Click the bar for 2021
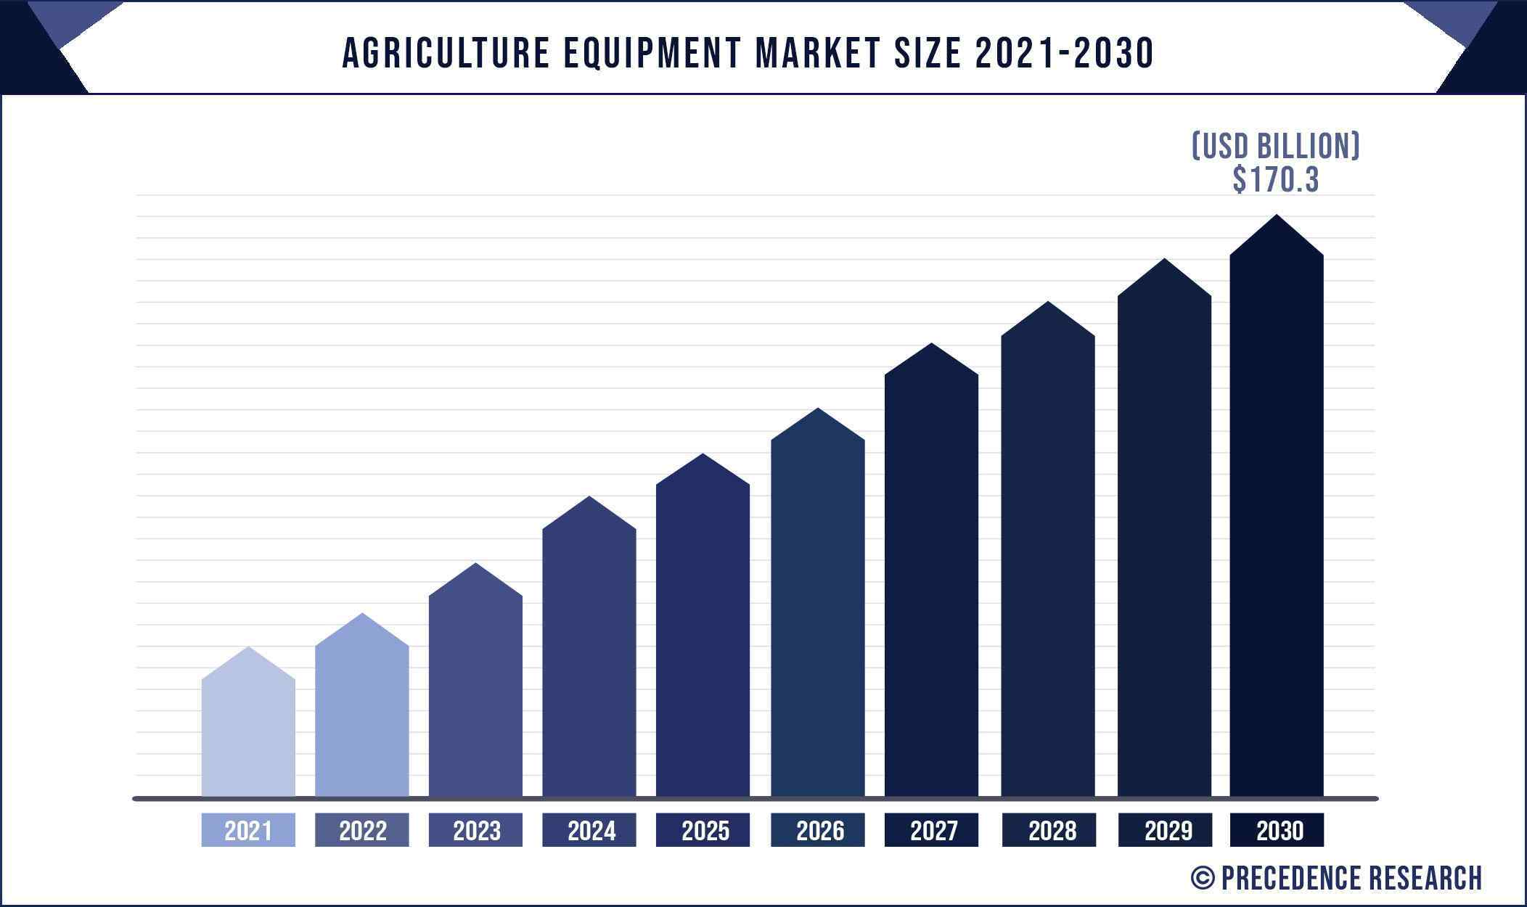pos(248,733)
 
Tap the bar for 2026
pos(818,617)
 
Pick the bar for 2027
pos(931,580)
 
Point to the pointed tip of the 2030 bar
pos(1277,217)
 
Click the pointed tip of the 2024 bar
pos(589,498)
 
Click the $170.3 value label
pos(1275,180)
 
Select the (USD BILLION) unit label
pos(1275,146)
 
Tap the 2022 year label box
pos(362,830)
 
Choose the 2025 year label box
pos(703,830)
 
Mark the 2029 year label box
pos(1165,830)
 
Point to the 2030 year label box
pos(1277,830)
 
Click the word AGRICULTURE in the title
pos(446,53)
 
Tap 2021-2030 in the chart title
pos(1064,53)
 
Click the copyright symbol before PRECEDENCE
pos(1203,878)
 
